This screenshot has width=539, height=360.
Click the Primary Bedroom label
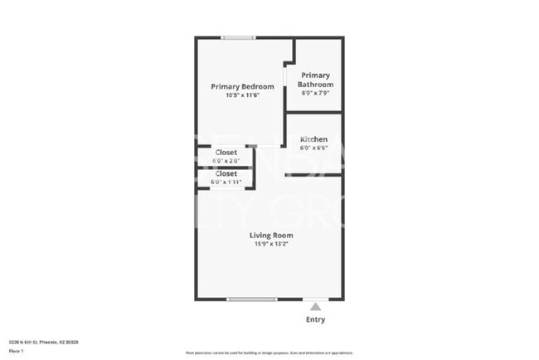click(242, 86)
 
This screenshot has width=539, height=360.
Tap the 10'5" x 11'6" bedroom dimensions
click(242, 95)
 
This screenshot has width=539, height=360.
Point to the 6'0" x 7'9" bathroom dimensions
click(317, 93)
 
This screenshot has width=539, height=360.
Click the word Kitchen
click(313, 139)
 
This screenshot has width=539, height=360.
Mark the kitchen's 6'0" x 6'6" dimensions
click(313, 148)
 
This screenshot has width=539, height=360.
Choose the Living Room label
click(271, 235)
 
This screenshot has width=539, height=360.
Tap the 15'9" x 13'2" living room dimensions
click(271, 244)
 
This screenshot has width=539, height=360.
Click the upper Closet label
click(226, 153)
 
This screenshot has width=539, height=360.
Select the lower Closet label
click(226, 173)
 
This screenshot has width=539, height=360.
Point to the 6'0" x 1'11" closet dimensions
click(226, 182)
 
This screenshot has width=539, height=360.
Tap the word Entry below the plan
click(315, 319)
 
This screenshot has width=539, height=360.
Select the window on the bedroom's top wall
click(238, 37)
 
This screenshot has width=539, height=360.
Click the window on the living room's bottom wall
click(252, 299)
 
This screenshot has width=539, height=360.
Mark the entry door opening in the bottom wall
click(315, 299)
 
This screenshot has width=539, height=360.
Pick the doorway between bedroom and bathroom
click(285, 75)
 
